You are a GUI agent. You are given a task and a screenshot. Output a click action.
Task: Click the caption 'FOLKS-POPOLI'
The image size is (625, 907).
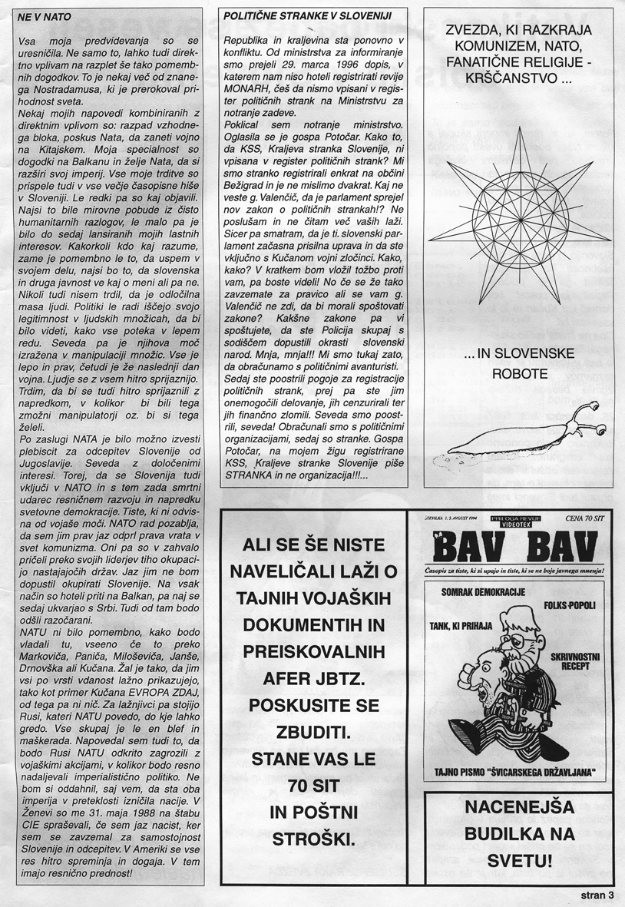tap(570, 606)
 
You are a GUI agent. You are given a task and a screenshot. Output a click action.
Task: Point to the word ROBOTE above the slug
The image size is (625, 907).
tap(514, 375)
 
